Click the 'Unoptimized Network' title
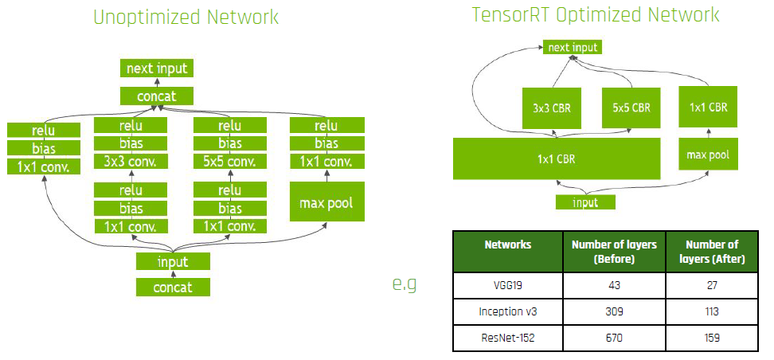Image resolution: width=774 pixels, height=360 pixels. (186, 18)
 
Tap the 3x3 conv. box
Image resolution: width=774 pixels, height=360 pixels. (131, 162)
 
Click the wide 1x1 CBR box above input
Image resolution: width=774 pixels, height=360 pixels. (556, 158)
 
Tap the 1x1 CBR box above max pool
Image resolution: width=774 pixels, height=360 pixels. (707, 107)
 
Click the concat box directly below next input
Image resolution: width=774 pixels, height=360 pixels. (157, 96)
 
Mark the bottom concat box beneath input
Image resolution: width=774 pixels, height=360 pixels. (173, 287)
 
